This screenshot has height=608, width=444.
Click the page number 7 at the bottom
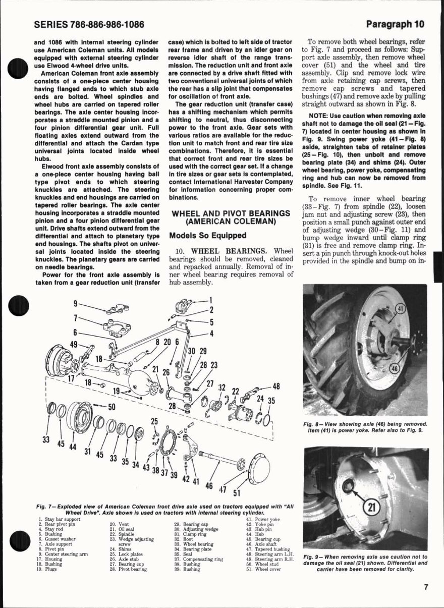426,587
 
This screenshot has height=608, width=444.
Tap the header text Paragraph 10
395,24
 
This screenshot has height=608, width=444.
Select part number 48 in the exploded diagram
276,386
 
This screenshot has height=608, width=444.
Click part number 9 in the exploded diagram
75,303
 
